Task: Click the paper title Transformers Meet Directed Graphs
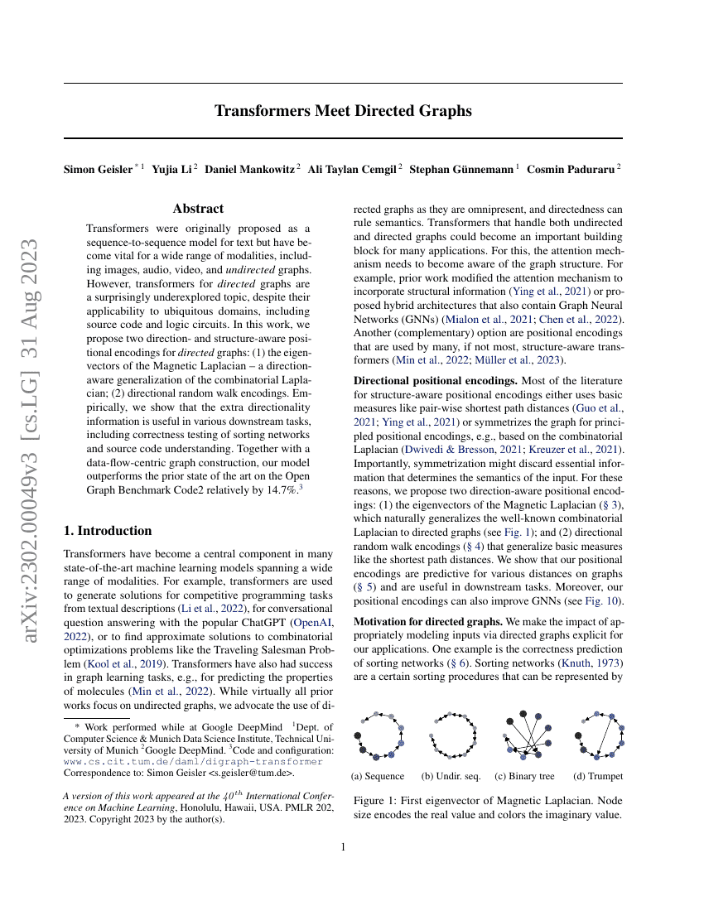coord(343,110)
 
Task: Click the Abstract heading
coord(198,210)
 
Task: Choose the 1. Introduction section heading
coord(108,530)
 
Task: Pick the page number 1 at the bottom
coord(343,846)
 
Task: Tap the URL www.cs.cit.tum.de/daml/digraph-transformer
coord(193,761)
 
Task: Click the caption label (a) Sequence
coord(378,776)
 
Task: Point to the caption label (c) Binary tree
coord(524,776)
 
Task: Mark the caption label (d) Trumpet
coord(598,776)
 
